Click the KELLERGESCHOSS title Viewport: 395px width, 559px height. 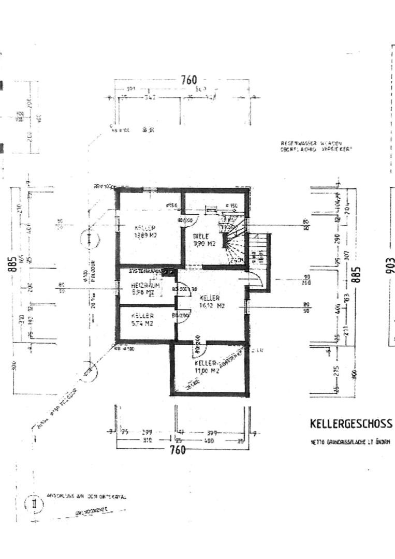click(x=350, y=423)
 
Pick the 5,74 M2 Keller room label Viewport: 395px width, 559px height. click(x=141, y=319)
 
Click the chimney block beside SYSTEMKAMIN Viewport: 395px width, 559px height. click(x=169, y=271)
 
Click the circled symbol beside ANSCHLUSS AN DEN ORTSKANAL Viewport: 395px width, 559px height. click(x=34, y=503)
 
